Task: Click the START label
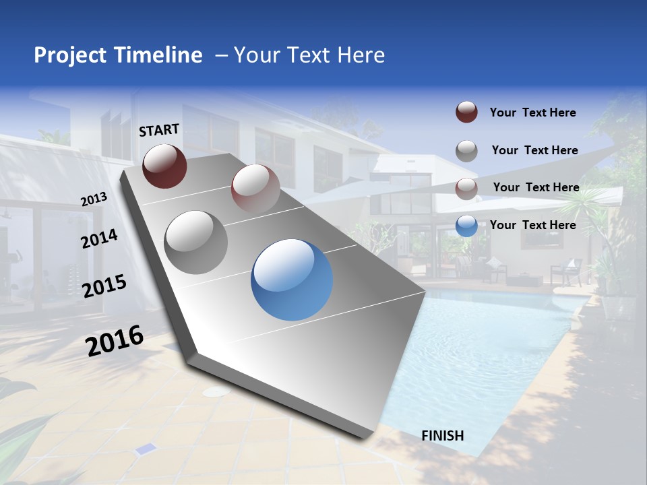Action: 159,130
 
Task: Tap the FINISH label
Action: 443,435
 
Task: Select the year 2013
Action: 94,199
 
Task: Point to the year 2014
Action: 100,238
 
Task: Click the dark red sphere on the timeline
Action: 164,166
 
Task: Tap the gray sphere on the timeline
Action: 196,242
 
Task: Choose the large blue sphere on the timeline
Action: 292,280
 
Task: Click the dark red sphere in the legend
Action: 466,112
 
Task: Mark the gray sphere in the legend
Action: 466,150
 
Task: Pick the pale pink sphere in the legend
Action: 466,188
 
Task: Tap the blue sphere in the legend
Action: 466,226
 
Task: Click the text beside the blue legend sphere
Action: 532,225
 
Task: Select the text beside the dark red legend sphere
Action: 532,112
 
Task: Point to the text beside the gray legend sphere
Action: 534,150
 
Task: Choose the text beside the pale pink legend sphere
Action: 536,187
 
